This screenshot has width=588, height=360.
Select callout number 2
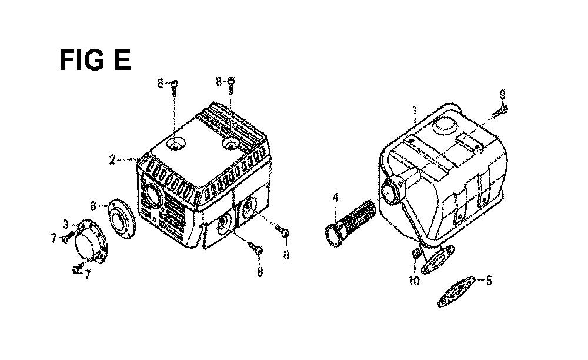[x=112, y=160]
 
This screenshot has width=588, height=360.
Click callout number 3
[x=66, y=225]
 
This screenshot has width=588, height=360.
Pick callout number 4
[x=336, y=197]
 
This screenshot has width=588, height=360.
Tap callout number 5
[x=489, y=281]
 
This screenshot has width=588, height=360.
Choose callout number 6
[x=93, y=205]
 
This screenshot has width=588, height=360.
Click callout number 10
[x=415, y=281]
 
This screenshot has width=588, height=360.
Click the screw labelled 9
[x=499, y=111]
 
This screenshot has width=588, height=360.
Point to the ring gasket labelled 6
[x=122, y=218]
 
